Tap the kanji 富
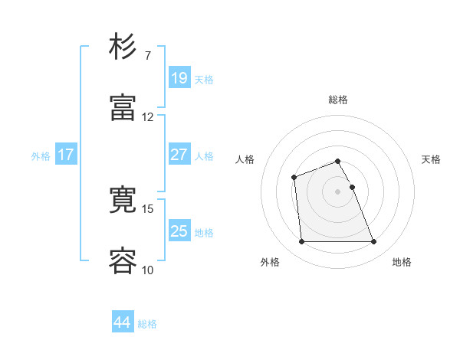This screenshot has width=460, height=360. coord(123,108)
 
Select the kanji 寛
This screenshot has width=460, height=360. coord(123,200)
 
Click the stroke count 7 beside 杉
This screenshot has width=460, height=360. coord(148,55)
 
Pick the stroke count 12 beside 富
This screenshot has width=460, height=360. coord(148,117)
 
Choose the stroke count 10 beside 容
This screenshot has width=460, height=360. coord(148,270)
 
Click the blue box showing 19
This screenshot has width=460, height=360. coord(179,77)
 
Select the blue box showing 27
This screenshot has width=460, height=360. coord(179,155)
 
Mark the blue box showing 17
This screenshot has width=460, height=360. coord(66,155)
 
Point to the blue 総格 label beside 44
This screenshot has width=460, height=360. coord(147,324)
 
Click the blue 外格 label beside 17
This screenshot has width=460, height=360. coord(41,156)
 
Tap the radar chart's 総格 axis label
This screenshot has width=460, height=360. coord(338,100)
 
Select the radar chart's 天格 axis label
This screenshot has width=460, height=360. coord(432,159)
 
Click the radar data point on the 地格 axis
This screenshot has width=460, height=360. coord(374,242)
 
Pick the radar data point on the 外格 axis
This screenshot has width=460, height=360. coord(301,242)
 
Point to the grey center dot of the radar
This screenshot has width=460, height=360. coord(338,191)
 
